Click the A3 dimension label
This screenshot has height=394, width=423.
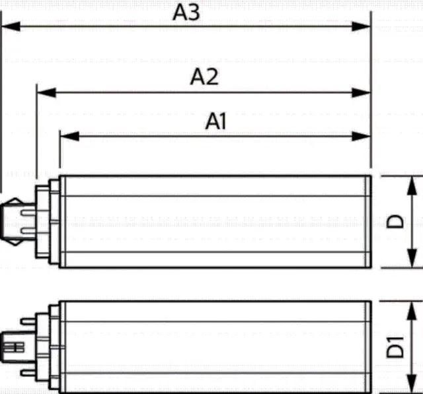click(186, 12)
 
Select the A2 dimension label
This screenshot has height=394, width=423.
click(204, 77)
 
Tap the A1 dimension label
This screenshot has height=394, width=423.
click(215, 121)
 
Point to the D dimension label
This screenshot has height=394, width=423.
click(395, 221)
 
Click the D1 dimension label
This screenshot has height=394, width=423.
click(395, 347)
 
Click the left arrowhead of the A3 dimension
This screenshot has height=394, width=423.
click(11, 26)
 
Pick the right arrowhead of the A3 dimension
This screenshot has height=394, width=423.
click(362, 26)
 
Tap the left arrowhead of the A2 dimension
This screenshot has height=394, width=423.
click(47, 92)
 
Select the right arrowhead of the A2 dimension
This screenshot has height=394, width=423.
click(362, 92)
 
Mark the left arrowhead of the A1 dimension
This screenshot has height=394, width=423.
click(69, 136)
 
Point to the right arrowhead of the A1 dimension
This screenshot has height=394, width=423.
click(362, 136)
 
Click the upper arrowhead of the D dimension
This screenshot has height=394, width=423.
click(412, 186)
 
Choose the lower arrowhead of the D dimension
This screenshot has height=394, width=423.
click(412, 258)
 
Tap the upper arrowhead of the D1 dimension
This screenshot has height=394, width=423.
click(412, 312)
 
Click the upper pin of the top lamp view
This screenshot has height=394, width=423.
click(28, 213)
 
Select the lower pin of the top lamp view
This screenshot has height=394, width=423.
click(28, 231)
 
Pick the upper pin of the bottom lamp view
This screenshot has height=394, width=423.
click(28, 321)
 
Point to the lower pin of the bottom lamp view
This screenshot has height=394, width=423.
click(28, 373)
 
